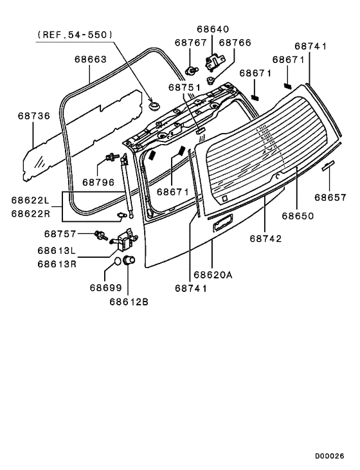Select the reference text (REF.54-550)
coord(75,35)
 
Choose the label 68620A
coord(213,275)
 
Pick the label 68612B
coord(129,301)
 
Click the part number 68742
coord(267,238)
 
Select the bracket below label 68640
coord(213,62)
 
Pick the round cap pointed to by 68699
coord(118,262)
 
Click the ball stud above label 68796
coord(111,156)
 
